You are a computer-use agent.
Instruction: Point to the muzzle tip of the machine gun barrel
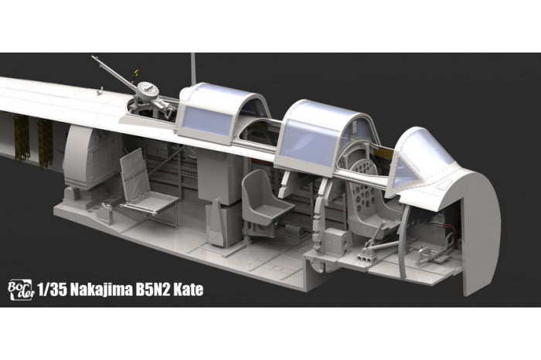94,57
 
